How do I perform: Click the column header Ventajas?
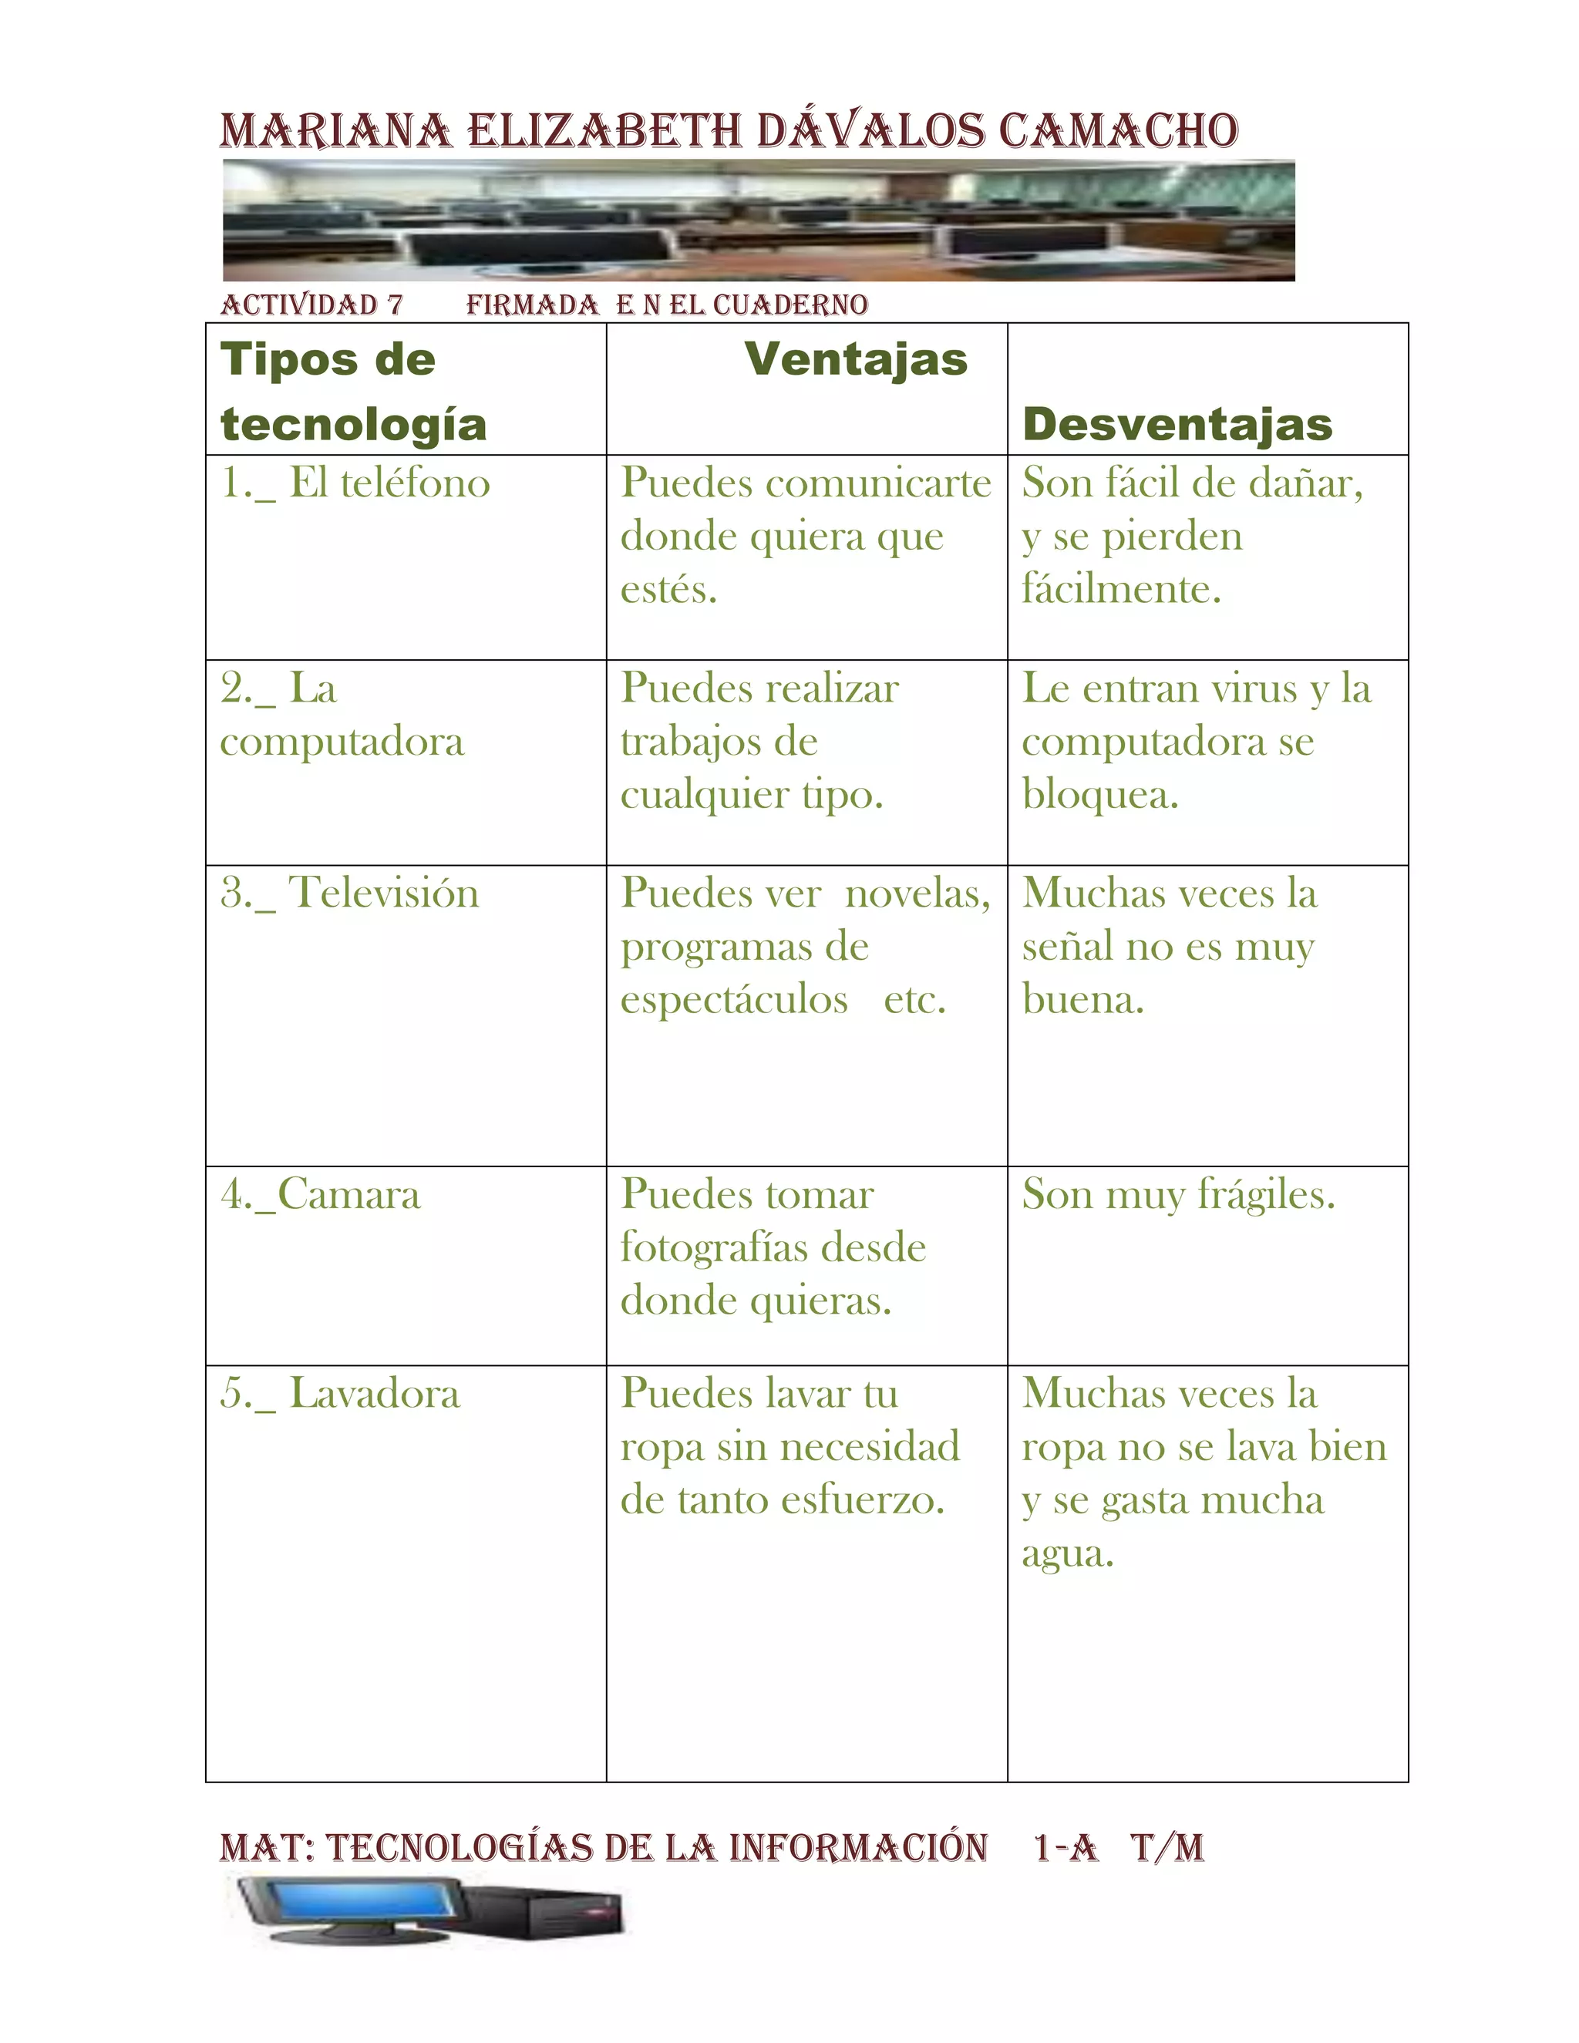click(x=855, y=360)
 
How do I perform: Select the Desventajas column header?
click(x=1177, y=425)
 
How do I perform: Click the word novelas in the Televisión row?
click(x=917, y=894)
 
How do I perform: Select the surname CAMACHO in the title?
click(x=1118, y=131)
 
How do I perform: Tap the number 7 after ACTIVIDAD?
click(x=395, y=305)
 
